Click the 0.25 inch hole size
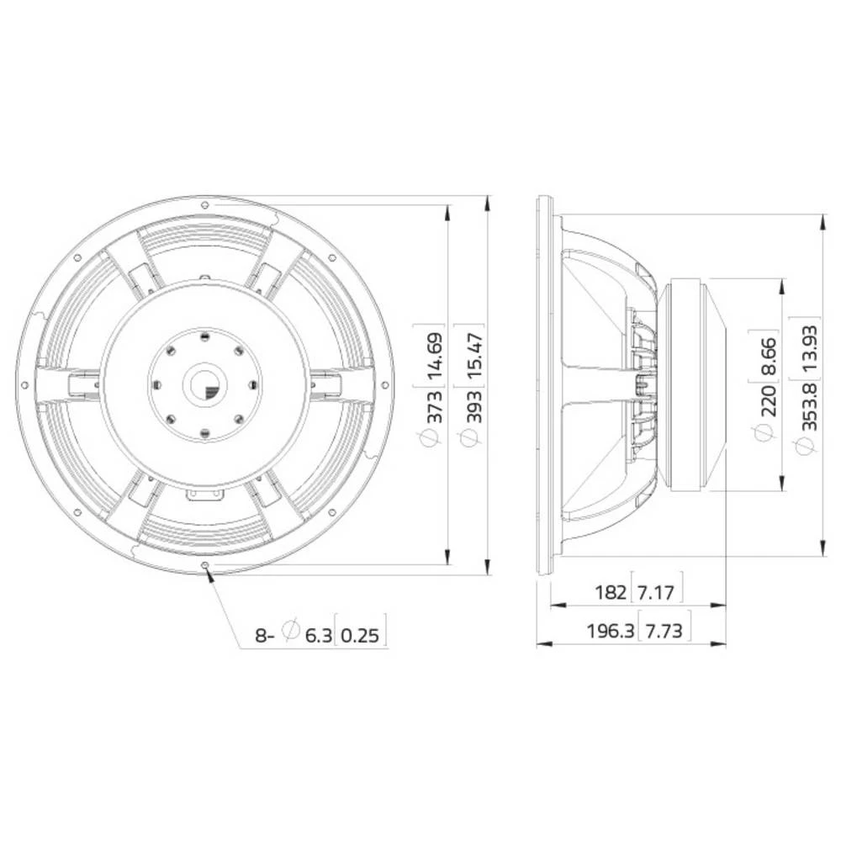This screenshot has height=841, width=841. pos(362,635)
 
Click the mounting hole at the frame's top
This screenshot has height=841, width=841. pos(205,204)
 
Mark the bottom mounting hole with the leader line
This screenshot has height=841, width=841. pos(206,565)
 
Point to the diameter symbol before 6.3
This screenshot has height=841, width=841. pos(291,631)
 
